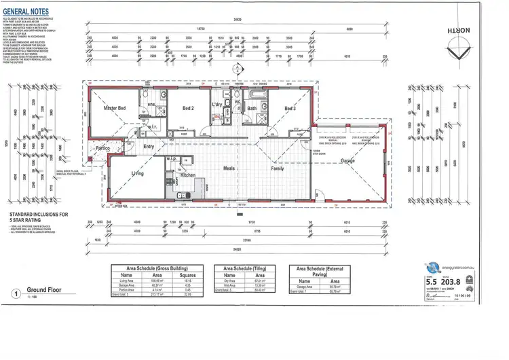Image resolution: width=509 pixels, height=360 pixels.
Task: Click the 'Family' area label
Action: click(x=278, y=168)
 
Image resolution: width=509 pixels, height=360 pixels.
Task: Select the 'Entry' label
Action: click(x=149, y=146)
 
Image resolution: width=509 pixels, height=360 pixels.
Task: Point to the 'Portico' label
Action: click(x=102, y=147)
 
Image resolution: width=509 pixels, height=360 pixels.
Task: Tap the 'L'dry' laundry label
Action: click(x=217, y=104)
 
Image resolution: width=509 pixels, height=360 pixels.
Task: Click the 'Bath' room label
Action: click(x=252, y=108)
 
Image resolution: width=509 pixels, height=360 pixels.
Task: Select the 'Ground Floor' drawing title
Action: click(x=46, y=289)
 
